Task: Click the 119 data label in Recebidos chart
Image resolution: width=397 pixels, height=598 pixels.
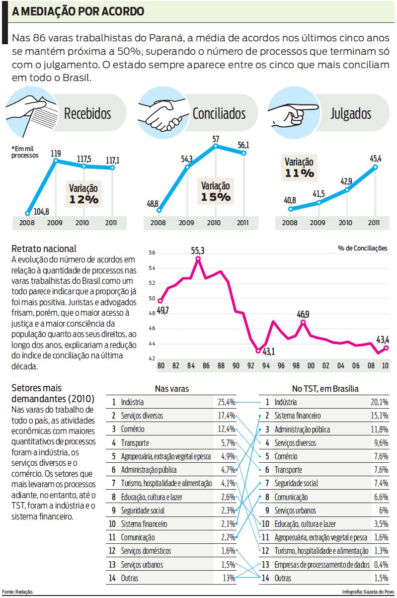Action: click(56, 154)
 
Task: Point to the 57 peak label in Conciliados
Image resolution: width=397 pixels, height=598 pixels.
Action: click(216, 139)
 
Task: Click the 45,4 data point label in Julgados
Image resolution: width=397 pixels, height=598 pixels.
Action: click(376, 159)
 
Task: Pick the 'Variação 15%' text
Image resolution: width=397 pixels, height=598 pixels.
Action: click(216, 191)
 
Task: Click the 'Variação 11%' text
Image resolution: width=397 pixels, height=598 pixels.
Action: click(299, 168)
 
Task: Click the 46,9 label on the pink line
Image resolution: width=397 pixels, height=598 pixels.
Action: click(303, 314)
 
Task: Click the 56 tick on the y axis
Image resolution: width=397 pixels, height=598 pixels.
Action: click(152, 253)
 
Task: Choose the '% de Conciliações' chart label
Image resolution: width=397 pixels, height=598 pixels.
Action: click(362, 248)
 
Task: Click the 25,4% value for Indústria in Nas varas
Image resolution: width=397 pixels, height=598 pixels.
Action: click(226, 402)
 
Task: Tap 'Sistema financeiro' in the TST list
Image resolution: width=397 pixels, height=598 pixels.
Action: click(298, 416)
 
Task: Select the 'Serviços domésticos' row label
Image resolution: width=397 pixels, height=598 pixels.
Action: click(146, 551)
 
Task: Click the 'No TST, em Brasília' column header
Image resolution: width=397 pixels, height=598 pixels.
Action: click(325, 389)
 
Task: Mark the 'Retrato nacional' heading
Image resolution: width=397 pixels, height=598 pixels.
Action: click(44, 249)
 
